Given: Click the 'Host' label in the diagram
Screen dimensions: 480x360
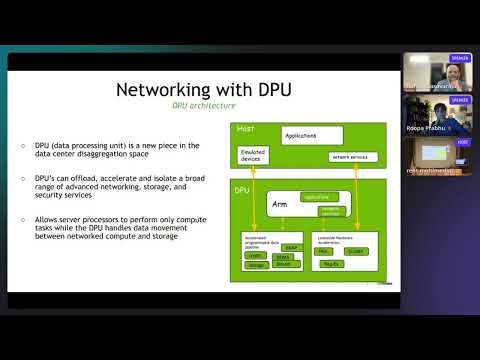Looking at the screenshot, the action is (x=246, y=129).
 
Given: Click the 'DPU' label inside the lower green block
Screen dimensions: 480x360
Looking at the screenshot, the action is (x=242, y=189).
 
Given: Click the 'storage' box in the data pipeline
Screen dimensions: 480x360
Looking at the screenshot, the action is (x=254, y=265).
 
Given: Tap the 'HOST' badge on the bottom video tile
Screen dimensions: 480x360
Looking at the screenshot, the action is (x=462, y=142).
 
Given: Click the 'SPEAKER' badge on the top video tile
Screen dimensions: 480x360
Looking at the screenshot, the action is (x=460, y=58).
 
